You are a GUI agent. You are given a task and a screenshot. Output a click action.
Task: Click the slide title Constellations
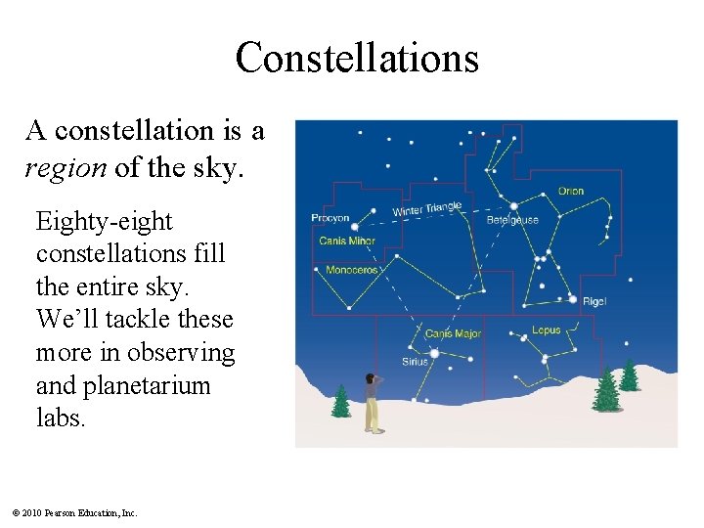coord(357,58)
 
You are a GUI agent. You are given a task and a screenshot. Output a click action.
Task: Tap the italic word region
coord(66,167)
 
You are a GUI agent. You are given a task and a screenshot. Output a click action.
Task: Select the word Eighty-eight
coord(104,222)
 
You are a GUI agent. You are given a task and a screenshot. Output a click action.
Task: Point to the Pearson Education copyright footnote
coord(74,512)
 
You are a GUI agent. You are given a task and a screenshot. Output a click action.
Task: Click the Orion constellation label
coord(570,191)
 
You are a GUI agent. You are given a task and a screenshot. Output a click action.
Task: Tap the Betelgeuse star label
coord(512,220)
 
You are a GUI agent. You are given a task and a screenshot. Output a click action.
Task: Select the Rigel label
coord(594,302)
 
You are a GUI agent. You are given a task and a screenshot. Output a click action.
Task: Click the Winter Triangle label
coord(426,209)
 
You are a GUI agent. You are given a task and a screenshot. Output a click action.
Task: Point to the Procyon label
coord(330,218)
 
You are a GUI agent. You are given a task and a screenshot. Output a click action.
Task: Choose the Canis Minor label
coord(346,241)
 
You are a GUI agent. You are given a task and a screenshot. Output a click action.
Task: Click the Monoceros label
coord(351,270)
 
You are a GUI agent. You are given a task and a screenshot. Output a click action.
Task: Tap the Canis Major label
coord(453,334)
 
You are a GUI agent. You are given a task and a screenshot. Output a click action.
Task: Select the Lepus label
coord(547,330)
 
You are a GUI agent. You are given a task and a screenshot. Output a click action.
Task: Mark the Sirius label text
coord(415,362)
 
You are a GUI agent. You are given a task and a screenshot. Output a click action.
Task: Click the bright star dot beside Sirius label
coord(434,353)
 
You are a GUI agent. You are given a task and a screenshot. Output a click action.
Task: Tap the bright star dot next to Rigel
coord(573,298)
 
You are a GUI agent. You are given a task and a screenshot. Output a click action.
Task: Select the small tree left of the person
coord(340,400)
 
